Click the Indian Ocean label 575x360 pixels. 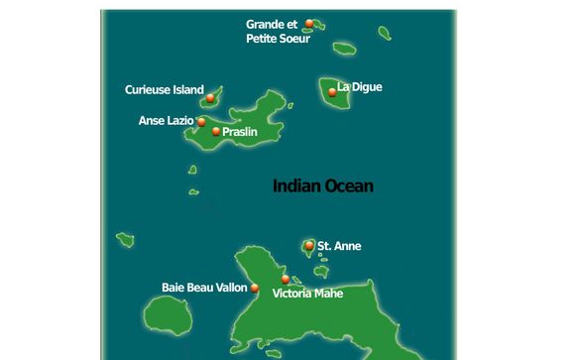[x=322, y=185]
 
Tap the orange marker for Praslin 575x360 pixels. [x=216, y=131]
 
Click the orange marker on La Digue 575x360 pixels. [x=331, y=92]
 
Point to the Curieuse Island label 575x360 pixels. [x=164, y=89]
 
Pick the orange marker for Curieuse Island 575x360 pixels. [x=211, y=97]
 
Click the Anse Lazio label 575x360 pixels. [x=166, y=121]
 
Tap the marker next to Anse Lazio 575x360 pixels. [x=201, y=122]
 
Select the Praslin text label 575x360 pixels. [x=241, y=131]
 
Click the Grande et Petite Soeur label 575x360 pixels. [x=278, y=32]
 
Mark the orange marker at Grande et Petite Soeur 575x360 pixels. [x=310, y=23]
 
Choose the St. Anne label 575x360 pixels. [x=339, y=246]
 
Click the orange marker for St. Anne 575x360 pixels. [x=310, y=245]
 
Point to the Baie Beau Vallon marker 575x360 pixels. [x=255, y=289]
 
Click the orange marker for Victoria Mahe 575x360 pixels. [x=286, y=280]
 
